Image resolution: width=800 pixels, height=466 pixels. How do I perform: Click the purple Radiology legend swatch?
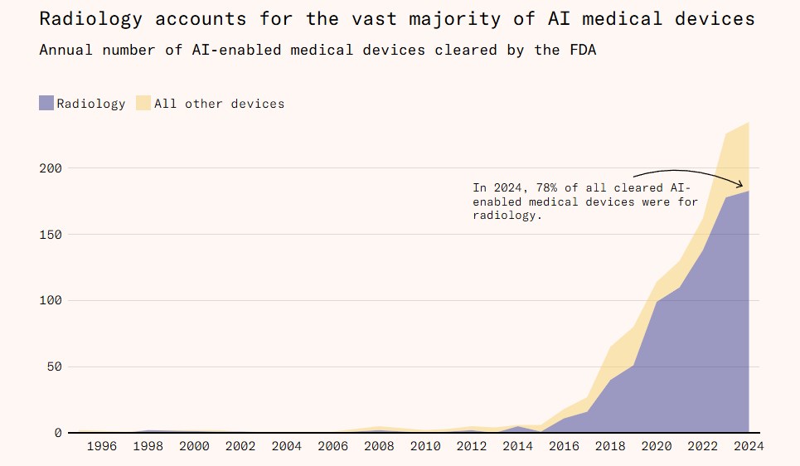point(46,104)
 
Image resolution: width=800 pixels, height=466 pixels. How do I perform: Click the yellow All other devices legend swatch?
point(143,104)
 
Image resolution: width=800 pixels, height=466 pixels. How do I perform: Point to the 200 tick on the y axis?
point(51,168)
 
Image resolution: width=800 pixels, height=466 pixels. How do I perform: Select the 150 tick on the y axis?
point(51,235)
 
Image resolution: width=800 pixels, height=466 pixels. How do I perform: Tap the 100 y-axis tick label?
point(51,301)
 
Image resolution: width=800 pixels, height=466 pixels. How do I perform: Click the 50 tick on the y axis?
point(55,367)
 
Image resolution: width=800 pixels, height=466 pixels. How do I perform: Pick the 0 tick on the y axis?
point(58,433)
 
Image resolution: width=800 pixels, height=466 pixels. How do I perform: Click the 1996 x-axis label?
point(101,446)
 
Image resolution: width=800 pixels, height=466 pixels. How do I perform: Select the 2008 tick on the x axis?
point(379,446)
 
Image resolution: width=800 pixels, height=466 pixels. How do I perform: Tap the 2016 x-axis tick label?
point(564,446)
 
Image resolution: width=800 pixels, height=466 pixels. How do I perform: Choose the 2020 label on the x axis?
point(656,446)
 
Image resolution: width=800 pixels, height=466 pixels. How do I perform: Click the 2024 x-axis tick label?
point(748,446)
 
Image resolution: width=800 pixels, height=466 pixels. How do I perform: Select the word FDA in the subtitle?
point(582,50)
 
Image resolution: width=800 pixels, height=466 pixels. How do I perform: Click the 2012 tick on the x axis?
point(471,446)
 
